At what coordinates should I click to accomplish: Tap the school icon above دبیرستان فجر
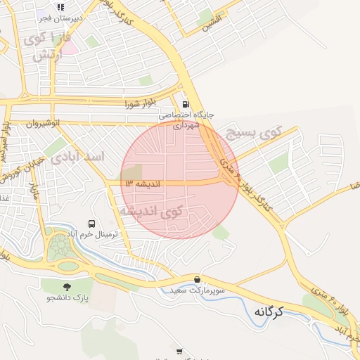pyautogui.click(x=60, y=7)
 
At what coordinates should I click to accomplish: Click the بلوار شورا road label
pyautogui.click(x=139, y=104)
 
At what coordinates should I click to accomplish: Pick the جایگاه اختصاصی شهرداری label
pyautogui.click(x=185, y=119)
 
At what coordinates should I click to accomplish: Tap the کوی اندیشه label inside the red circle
pyautogui.click(x=150, y=210)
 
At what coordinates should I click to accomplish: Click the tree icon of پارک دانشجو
pyautogui.click(x=67, y=287)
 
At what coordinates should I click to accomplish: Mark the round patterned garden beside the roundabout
pyautogui.click(x=59, y=247)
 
